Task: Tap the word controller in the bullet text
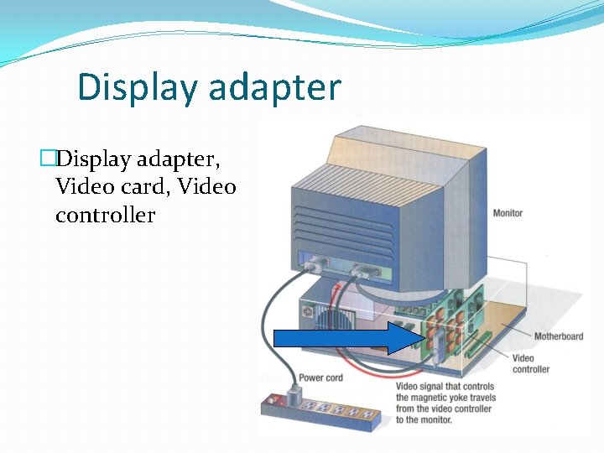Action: pyautogui.click(x=105, y=216)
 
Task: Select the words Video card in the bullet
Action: pyautogui.click(x=107, y=186)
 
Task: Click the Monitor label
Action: pyautogui.click(x=508, y=213)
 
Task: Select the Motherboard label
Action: pyautogui.click(x=558, y=336)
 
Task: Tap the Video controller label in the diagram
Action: pyautogui.click(x=530, y=364)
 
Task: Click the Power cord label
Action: pyautogui.click(x=320, y=377)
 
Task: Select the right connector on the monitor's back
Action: pyautogui.click(x=366, y=270)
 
